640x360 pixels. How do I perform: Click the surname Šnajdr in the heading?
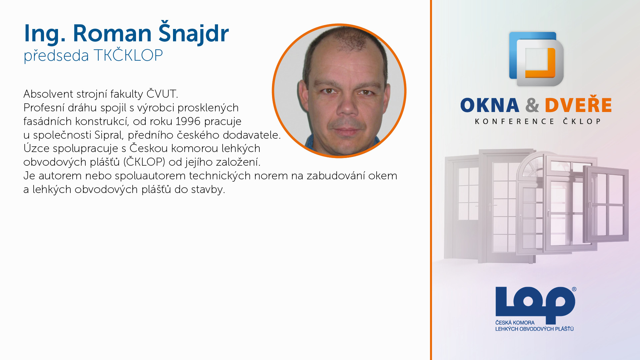194,33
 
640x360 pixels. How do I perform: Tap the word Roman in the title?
112,33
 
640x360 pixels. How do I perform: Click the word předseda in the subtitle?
56,55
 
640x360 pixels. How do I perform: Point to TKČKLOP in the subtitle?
128,55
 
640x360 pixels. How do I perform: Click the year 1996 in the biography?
188,121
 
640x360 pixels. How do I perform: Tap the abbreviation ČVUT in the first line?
162,94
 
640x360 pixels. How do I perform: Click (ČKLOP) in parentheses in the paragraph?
144,162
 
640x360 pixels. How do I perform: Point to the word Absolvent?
48,94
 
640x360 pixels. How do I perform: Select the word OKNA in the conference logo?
490,105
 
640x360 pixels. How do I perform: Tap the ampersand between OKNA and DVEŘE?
532,105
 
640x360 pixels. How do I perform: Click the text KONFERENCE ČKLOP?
538,121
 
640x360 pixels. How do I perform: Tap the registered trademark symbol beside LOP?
574,289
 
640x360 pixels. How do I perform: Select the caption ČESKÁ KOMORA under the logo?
515,323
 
